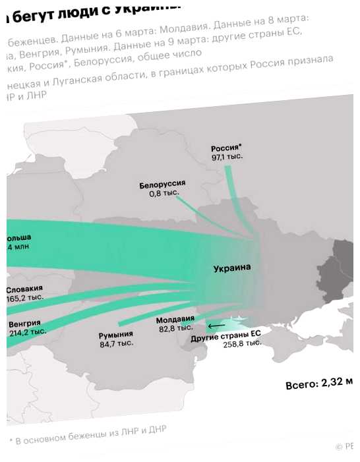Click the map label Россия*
(226, 148)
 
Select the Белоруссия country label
(162, 184)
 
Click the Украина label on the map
(232, 268)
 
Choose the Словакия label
(25, 289)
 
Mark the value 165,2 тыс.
(24, 299)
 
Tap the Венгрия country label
(24, 324)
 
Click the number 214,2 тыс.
(27, 333)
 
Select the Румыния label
(116, 334)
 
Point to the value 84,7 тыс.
(117, 343)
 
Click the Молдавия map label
(175, 320)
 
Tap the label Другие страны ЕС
(225, 336)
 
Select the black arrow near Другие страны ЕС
(216, 326)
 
